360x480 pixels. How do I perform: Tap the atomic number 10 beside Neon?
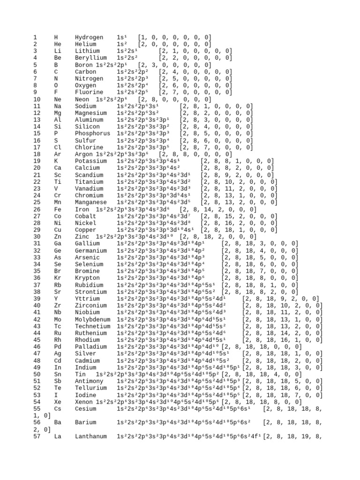[37, 99]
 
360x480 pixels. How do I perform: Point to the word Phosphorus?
[92, 134]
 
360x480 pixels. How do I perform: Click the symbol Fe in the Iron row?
[58, 210]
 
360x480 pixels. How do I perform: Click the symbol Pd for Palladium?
[58, 347]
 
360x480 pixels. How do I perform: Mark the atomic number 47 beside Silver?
[37, 354]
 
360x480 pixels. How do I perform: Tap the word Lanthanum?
[92, 437]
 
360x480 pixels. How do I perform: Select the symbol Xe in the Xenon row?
[58, 402]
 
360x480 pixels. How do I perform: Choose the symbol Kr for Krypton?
[58, 278]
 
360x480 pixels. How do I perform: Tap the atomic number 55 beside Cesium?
[37, 409]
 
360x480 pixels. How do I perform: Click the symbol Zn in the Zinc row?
[58, 237]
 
